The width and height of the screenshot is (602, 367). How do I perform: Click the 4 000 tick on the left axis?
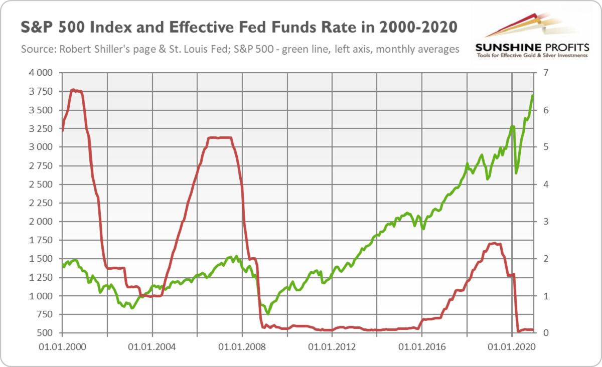(x=41, y=73)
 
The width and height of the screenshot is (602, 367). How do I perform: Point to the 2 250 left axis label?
(x=41, y=203)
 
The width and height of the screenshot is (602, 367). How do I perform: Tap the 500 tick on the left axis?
(x=44, y=333)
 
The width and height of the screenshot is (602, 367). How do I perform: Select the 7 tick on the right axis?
(x=546, y=73)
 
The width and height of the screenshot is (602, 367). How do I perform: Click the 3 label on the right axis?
(x=546, y=222)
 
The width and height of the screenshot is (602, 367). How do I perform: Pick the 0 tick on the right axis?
(x=546, y=333)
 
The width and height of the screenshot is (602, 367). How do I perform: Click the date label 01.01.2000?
(x=62, y=347)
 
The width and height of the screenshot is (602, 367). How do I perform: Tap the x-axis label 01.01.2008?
(x=242, y=347)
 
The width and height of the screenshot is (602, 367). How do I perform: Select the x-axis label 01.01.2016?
(x=422, y=347)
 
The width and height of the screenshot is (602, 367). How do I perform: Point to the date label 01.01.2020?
(x=512, y=347)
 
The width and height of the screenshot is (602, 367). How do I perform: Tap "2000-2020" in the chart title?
(x=418, y=27)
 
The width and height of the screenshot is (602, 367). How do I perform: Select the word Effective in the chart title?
(x=200, y=27)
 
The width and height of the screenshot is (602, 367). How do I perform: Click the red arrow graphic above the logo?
(x=511, y=25)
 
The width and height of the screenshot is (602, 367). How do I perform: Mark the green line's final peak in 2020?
(x=532, y=95)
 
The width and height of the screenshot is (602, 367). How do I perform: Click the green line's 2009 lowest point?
(x=268, y=314)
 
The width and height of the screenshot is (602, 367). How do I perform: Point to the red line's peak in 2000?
(x=73, y=90)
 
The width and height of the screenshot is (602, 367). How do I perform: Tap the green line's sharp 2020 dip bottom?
(x=516, y=173)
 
